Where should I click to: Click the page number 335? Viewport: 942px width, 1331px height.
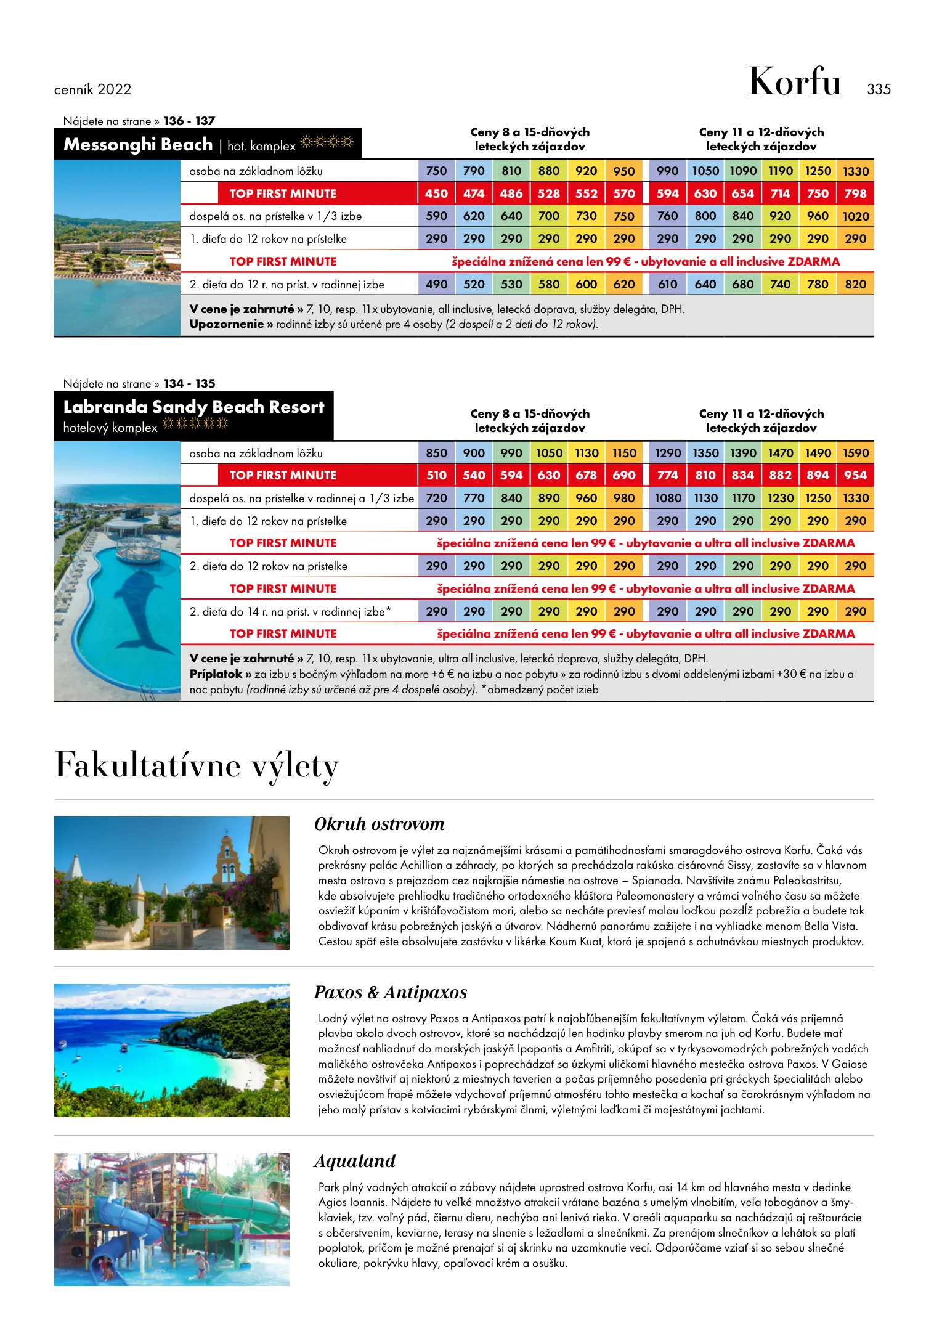[x=879, y=89]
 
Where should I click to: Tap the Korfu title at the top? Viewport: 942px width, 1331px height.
[x=794, y=81]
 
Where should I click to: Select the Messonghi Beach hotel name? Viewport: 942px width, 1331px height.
[x=138, y=145]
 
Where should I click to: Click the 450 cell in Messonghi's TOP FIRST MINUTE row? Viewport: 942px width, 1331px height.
[x=436, y=193]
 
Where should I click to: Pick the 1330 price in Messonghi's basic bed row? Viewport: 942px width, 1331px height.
[x=855, y=171]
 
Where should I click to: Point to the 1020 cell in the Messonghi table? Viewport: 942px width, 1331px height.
[x=855, y=216]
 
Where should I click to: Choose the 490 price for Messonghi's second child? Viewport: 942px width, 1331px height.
[x=436, y=284]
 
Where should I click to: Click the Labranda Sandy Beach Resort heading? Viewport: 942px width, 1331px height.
[x=193, y=407]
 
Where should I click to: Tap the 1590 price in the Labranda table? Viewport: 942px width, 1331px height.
[x=855, y=453]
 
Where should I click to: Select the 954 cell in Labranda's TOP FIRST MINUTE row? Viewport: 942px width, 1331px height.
[x=855, y=475]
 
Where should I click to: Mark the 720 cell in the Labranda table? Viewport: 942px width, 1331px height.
[x=436, y=498]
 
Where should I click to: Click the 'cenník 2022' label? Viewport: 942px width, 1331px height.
[x=92, y=90]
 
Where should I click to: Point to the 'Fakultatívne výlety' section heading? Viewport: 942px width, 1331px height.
[x=197, y=766]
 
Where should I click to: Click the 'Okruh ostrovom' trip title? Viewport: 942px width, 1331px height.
[x=379, y=824]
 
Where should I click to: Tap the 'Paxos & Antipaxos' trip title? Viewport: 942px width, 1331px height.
[x=390, y=993]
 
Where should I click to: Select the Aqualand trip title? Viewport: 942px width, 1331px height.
[x=355, y=1162]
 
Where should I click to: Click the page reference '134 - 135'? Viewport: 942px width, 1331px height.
[x=189, y=384]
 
